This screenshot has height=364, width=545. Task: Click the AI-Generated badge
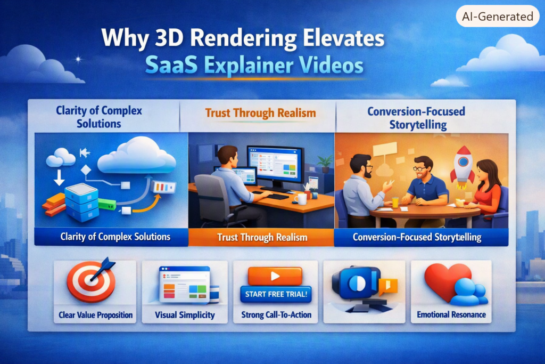[x=498, y=17]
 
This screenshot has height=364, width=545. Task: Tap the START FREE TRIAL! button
[x=276, y=294]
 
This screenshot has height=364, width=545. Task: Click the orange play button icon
[x=275, y=276]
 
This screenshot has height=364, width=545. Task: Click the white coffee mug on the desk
[x=301, y=199]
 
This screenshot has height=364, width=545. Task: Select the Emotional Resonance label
[x=451, y=314]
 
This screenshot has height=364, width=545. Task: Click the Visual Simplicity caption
[x=185, y=315]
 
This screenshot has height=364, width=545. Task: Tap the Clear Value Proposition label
[x=96, y=315]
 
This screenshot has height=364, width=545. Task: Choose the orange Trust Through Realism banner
[x=261, y=237]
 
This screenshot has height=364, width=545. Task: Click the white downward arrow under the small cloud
[x=59, y=177]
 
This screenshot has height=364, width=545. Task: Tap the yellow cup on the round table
[x=395, y=202]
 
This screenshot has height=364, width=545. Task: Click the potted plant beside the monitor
[x=325, y=164]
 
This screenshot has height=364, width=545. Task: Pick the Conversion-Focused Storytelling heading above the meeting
[x=416, y=118]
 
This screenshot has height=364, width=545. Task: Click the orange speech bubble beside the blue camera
[x=387, y=286]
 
